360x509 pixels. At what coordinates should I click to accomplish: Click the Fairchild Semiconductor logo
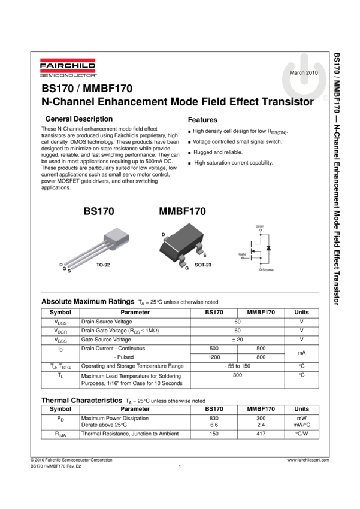[68, 68]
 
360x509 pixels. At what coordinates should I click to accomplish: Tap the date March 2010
[304, 72]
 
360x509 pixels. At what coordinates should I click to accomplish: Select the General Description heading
[79, 119]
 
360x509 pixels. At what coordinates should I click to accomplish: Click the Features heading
[202, 120]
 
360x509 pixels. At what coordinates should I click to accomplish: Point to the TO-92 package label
[103, 265]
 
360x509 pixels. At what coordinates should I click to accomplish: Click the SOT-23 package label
[203, 265]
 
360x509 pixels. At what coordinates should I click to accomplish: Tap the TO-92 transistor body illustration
[117, 237]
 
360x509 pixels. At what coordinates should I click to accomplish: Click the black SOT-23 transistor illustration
[181, 245]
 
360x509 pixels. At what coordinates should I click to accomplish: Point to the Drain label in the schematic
[260, 226]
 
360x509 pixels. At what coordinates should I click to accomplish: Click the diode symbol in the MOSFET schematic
[268, 249]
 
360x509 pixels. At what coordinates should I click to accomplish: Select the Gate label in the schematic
[242, 254]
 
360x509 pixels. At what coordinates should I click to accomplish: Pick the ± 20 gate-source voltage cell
[237, 340]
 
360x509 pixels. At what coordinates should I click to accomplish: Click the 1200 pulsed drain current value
[214, 357]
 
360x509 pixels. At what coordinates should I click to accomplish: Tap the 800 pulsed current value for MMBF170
[261, 357]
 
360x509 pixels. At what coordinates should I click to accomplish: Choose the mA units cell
[301, 353]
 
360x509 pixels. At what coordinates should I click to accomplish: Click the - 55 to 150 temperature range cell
[237, 366]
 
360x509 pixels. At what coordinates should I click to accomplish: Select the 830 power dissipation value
[214, 418]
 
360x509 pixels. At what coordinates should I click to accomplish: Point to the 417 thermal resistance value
[261, 434]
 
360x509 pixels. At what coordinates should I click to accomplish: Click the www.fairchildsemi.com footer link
[308, 460]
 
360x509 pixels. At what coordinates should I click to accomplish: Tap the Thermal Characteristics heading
[81, 400]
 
